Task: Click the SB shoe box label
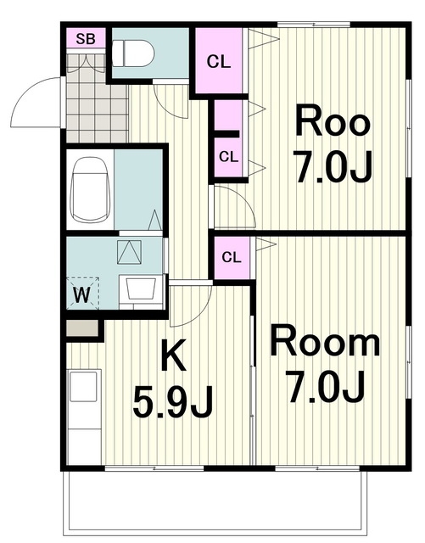[x=86, y=39]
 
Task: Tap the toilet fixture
[x=133, y=53]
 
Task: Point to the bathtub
[x=90, y=190]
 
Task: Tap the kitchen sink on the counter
[x=83, y=386]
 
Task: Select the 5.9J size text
[x=172, y=401]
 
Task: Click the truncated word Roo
[x=333, y=121]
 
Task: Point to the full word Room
[x=325, y=341]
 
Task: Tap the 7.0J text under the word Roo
[x=333, y=166]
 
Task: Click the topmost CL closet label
[x=219, y=62]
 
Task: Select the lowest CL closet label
[x=232, y=257]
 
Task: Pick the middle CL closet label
[x=228, y=157]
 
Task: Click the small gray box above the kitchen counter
[x=82, y=328]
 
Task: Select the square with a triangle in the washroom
[x=129, y=253]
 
